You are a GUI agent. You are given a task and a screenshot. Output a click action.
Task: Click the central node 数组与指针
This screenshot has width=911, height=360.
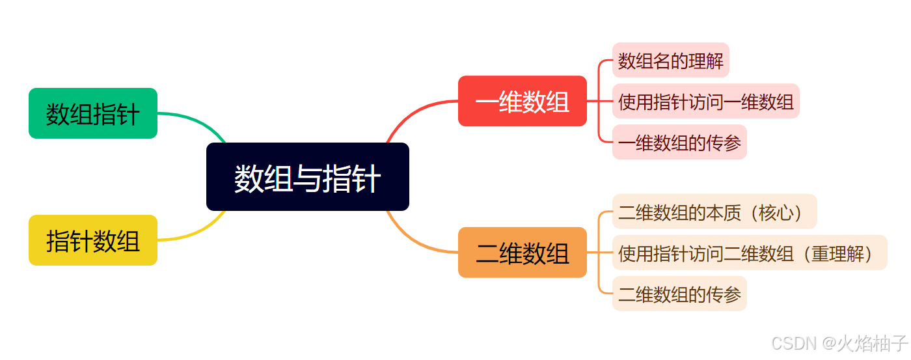click(x=307, y=177)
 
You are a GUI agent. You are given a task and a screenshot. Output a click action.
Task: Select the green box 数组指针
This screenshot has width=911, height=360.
click(x=93, y=113)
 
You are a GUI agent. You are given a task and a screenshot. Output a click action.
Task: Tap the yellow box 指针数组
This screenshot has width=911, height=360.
click(x=93, y=240)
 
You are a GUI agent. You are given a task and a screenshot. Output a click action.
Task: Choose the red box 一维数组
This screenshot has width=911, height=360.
click(x=522, y=101)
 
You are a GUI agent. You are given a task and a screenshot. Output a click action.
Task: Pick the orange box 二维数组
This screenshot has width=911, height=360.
click(x=522, y=253)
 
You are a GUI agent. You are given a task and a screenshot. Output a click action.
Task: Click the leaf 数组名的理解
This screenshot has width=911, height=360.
click(x=670, y=61)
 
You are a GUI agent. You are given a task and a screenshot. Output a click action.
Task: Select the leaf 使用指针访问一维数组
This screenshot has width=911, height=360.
click(x=705, y=102)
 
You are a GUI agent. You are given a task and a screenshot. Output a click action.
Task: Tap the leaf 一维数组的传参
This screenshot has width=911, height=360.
click(x=679, y=143)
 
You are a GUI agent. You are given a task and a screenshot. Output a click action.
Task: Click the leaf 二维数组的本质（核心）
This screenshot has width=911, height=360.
click(x=714, y=212)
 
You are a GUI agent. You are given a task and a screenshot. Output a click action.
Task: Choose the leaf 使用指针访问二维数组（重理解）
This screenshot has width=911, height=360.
click(x=749, y=253)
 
